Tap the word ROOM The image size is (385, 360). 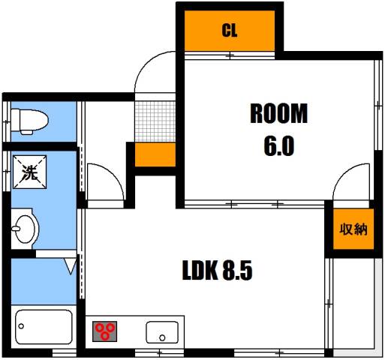[278, 115]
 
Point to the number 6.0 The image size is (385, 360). [278, 145]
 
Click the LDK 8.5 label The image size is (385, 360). [217, 271]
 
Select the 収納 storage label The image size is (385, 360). [352, 229]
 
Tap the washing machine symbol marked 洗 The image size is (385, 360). [28, 173]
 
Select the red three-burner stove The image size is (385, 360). [106, 331]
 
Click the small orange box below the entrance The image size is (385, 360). [155, 154]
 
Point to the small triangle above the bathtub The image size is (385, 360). [70, 265]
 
